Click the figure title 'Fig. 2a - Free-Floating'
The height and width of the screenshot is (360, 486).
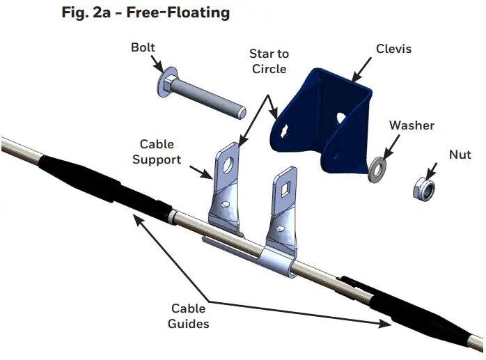pyautogui.click(x=146, y=12)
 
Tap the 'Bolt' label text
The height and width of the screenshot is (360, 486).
pyautogui.click(x=143, y=48)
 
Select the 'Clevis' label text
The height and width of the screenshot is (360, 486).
pyautogui.click(x=394, y=49)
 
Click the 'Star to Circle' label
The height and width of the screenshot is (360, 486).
pyautogui.click(x=269, y=61)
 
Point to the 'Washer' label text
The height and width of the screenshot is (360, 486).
pyautogui.click(x=411, y=125)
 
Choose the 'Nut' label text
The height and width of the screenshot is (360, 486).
pyautogui.click(x=460, y=155)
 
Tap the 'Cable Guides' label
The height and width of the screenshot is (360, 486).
pyautogui.click(x=188, y=316)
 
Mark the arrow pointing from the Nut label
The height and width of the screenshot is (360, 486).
pyautogui.click(x=432, y=169)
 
